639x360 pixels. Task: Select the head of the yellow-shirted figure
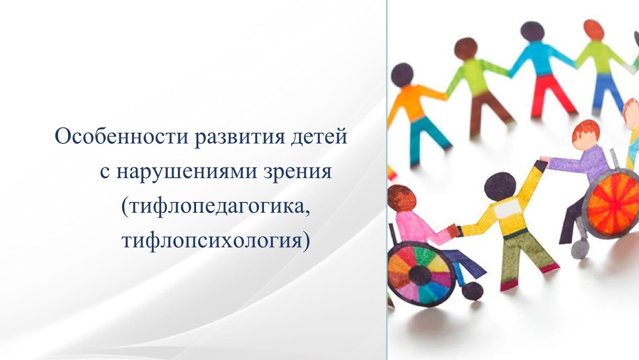tap(500, 187)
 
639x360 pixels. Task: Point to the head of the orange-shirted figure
tap(402, 74)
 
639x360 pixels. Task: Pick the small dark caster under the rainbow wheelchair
tap(473, 291)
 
